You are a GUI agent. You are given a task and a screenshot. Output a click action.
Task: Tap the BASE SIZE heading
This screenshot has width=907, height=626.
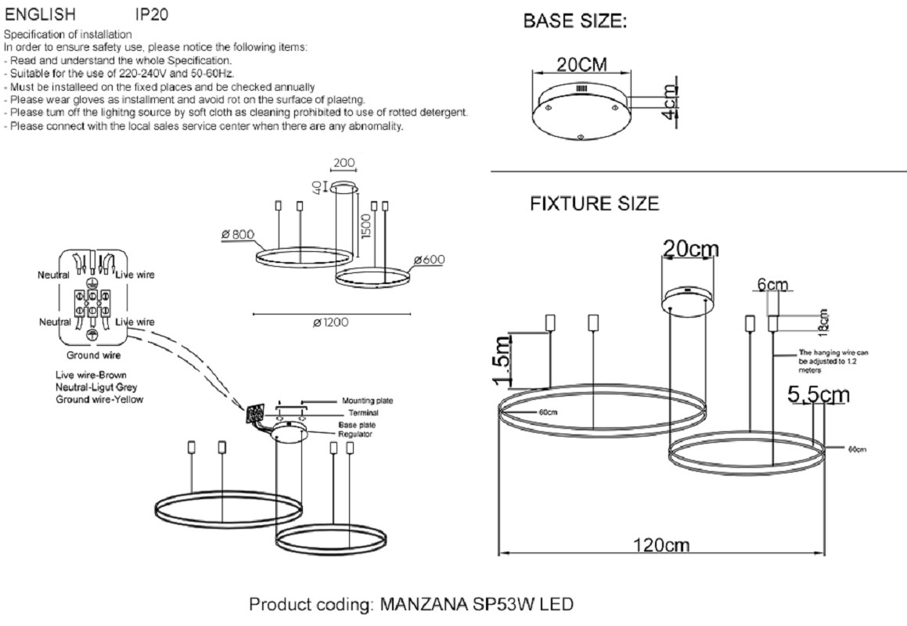click(x=575, y=22)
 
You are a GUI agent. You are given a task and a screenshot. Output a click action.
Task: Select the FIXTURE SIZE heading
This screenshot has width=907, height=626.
click(x=594, y=204)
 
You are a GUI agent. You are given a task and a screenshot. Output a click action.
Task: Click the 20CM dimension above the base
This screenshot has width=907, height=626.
click(x=581, y=64)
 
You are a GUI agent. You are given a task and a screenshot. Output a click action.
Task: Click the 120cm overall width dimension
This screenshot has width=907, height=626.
click(x=660, y=545)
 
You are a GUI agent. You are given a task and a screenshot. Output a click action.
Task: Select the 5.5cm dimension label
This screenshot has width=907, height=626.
click(x=818, y=395)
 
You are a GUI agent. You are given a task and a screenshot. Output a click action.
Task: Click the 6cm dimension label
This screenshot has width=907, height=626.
click(x=772, y=286)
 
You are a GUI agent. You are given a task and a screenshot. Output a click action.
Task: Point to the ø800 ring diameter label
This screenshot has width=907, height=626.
click(x=238, y=234)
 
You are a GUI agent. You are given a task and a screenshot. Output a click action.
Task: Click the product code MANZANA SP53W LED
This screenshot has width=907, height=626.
click(x=411, y=605)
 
